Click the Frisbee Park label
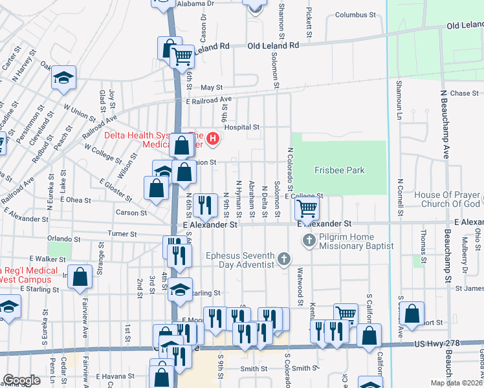click(x=339, y=171)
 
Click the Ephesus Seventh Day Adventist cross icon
click(x=283, y=260)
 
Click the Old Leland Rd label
click(x=272, y=46)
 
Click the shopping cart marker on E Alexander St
click(x=306, y=209)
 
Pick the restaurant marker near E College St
click(x=205, y=205)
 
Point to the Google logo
click(x=22, y=380)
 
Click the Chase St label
click(x=464, y=94)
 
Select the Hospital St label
click(x=241, y=127)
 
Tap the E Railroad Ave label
click(x=208, y=101)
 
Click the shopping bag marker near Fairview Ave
click(x=80, y=277)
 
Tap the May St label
click(x=211, y=87)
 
